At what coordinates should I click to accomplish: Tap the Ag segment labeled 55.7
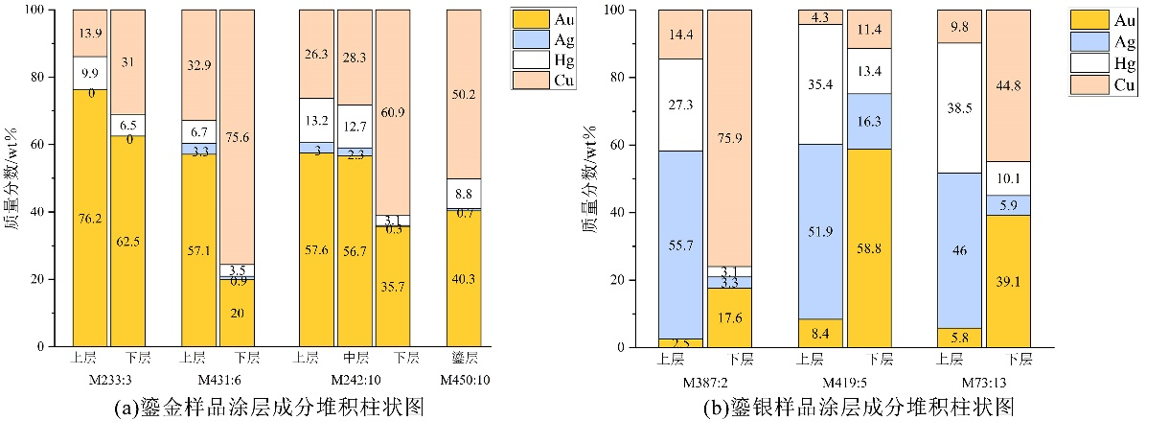[679, 245]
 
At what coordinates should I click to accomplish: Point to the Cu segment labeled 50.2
[464, 94]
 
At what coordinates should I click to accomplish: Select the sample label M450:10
[464, 381]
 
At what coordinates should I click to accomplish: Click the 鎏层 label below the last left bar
[464, 360]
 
